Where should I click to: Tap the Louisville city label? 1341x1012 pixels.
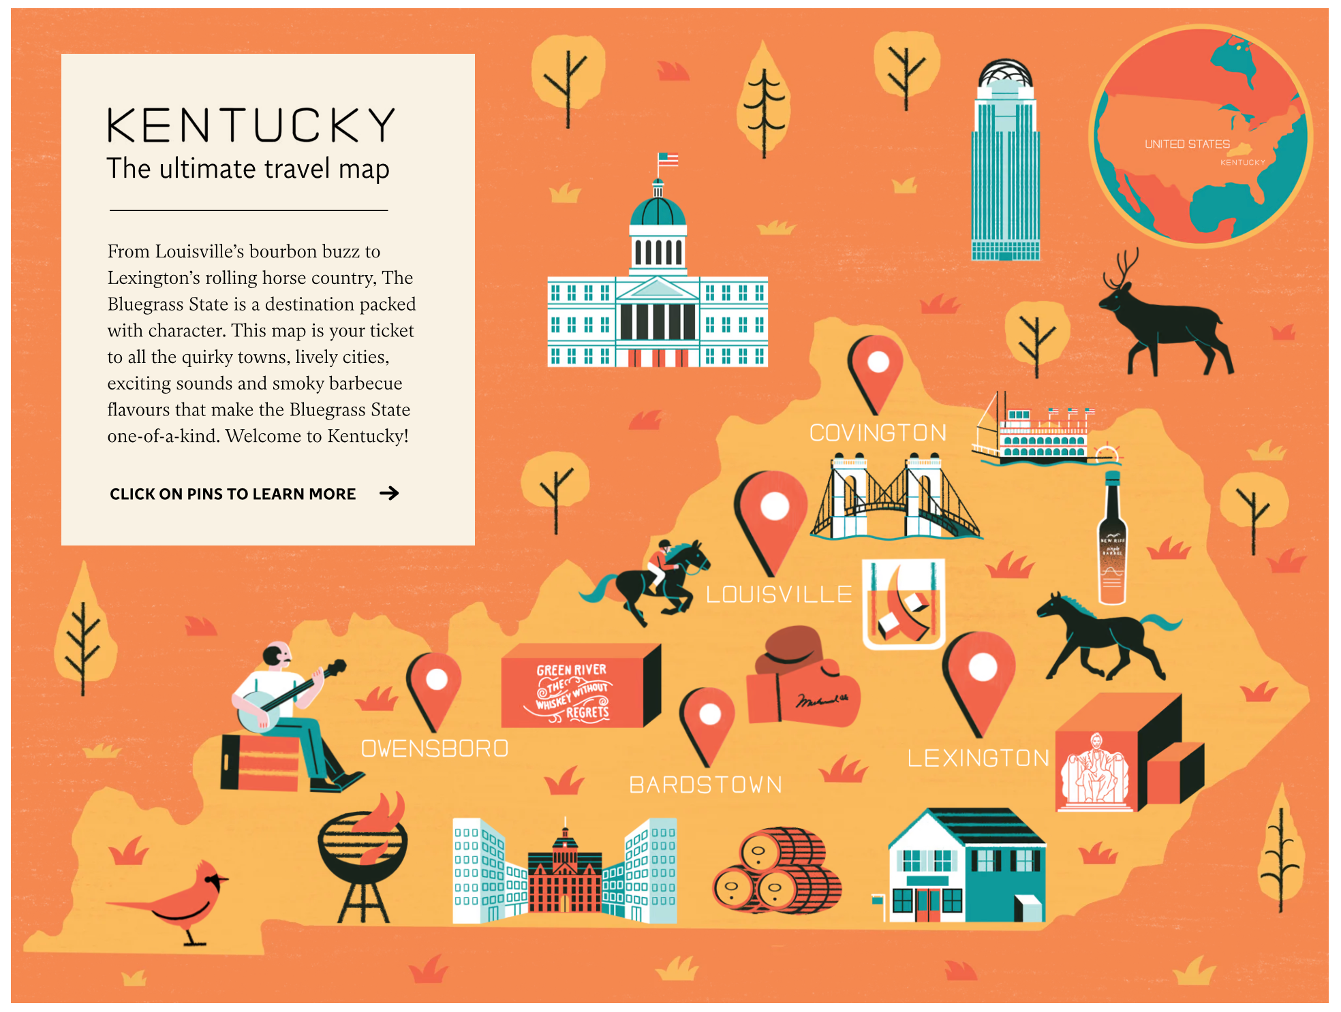(779, 595)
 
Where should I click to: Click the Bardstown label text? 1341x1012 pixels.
(705, 785)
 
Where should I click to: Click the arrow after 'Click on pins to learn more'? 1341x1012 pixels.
(389, 493)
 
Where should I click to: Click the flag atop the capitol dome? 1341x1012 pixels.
(667, 161)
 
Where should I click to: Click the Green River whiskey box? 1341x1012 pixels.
(576, 688)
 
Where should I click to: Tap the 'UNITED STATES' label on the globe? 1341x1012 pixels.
(1187, 144)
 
